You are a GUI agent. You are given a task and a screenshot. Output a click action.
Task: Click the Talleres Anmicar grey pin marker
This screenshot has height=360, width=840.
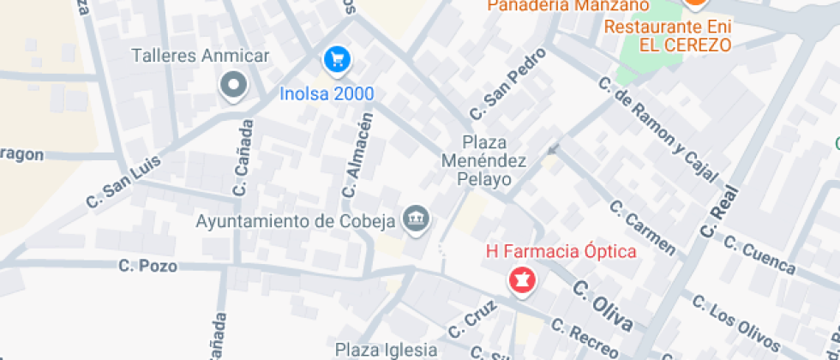[x=233, y=86]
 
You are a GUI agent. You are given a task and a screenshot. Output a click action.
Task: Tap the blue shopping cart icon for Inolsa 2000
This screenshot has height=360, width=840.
[x=337, y=59]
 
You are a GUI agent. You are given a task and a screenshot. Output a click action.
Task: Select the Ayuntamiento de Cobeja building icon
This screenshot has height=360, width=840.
[x=416, y=219]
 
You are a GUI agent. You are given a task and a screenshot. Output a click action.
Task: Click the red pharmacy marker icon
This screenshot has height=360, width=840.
[x=520, y=279]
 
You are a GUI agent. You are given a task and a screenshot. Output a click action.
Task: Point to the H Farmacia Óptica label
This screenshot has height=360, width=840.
[x=561, y=252]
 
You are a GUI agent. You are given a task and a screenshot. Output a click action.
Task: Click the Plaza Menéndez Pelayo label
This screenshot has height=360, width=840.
[x=485, y=160]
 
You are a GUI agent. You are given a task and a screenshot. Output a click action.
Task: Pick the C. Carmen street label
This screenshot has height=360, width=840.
[x=642, y=228]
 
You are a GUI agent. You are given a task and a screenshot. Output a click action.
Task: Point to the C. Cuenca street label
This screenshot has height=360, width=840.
[x=760, y=255]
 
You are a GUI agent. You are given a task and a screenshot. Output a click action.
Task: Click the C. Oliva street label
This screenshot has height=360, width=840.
[x=603, y=305]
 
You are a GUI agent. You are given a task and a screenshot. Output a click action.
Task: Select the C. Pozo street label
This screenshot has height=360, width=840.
[x=147, y=267]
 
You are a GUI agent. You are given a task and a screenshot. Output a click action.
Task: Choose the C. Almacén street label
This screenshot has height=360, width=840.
[x=358, y=155]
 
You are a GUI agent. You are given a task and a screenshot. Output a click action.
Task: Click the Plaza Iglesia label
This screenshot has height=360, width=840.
[x=386, y=350]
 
